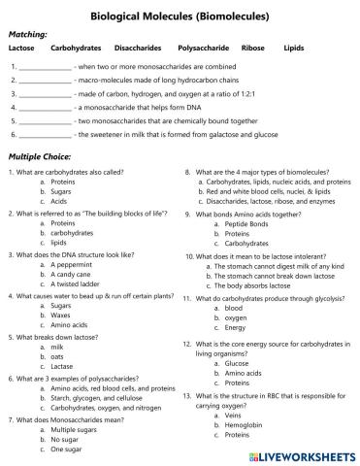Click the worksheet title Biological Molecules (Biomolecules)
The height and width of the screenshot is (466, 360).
pos(180,16)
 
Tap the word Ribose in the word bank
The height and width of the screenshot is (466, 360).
pos(252,47)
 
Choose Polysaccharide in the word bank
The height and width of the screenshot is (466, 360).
pos(204,47)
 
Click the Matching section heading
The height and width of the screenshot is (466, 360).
pos(28,33)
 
